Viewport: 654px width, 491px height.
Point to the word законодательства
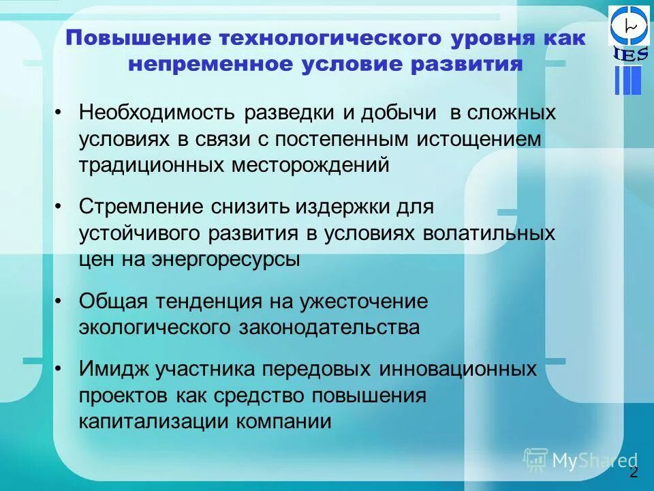click(x=329, y=327)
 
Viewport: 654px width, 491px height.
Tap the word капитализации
click(x=155, y=421)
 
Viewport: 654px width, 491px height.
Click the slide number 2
click(x=634, y=473)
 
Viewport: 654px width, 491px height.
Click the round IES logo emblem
click(x=629, y=26)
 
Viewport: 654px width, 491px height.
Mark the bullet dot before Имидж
click(x=60, y=370)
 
